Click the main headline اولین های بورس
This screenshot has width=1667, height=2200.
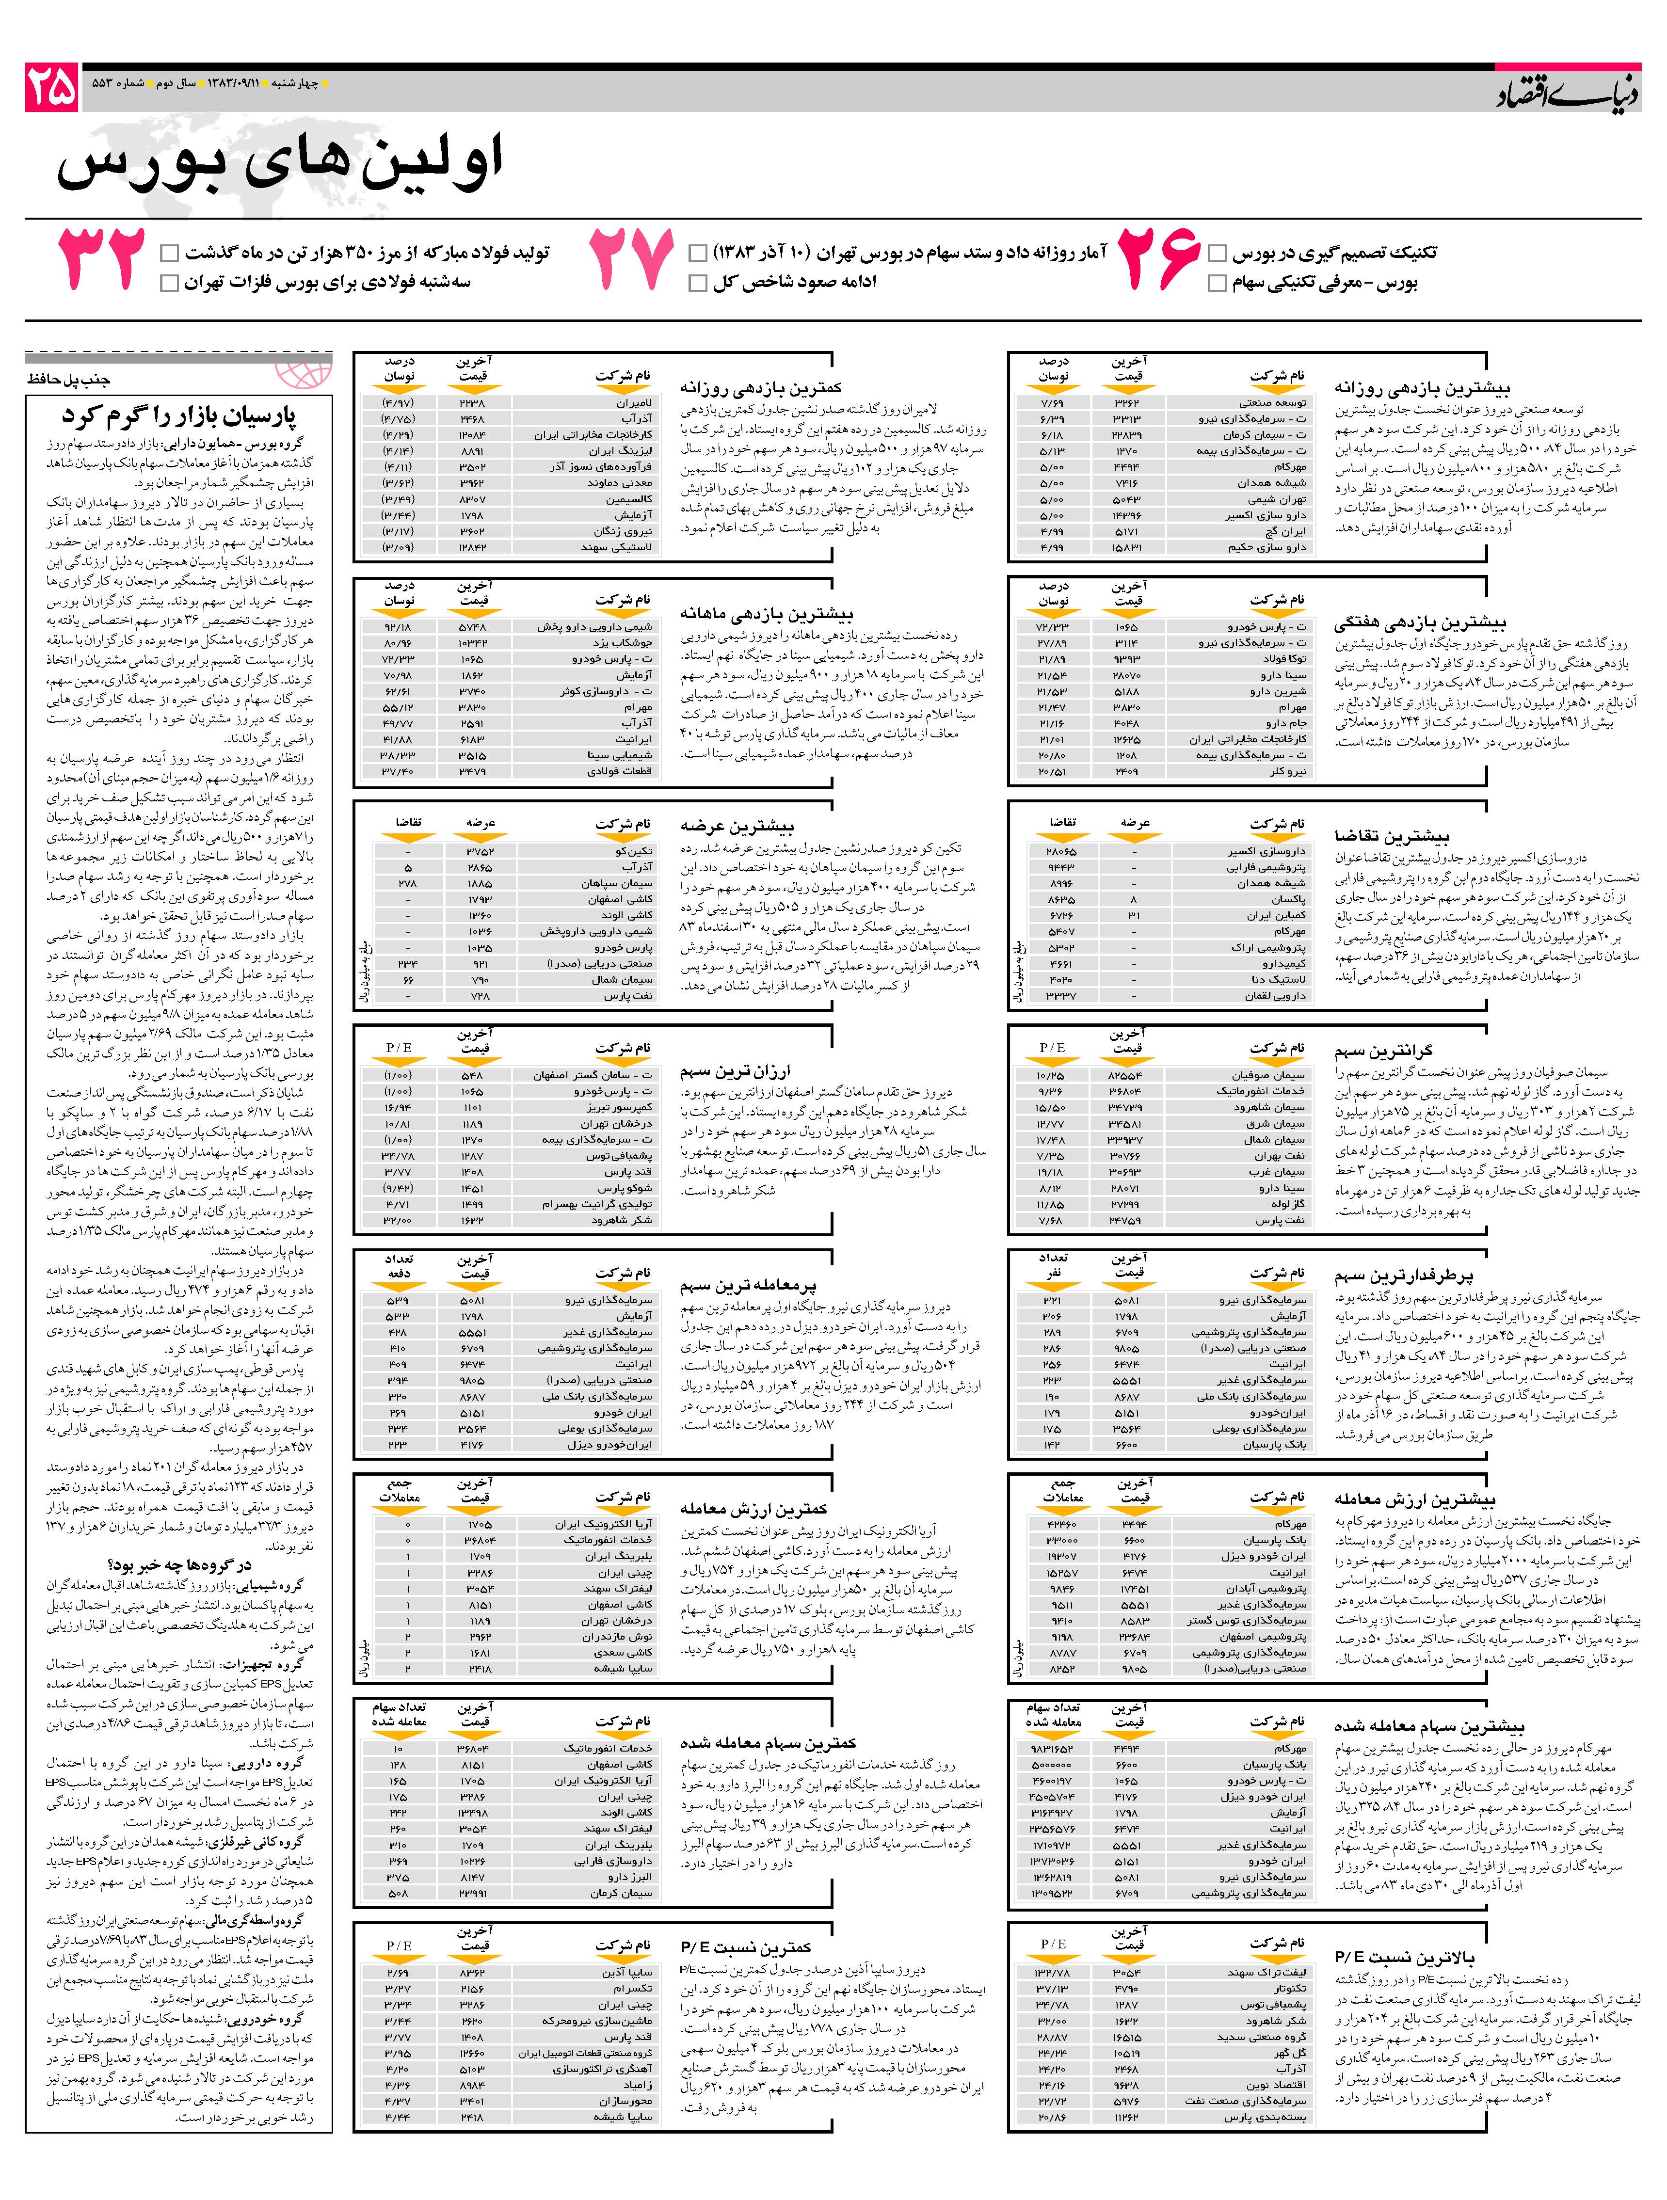point(280,161)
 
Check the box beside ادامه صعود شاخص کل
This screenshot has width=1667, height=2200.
point(698,284)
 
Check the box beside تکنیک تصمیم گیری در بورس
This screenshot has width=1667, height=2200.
point(1217,254)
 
